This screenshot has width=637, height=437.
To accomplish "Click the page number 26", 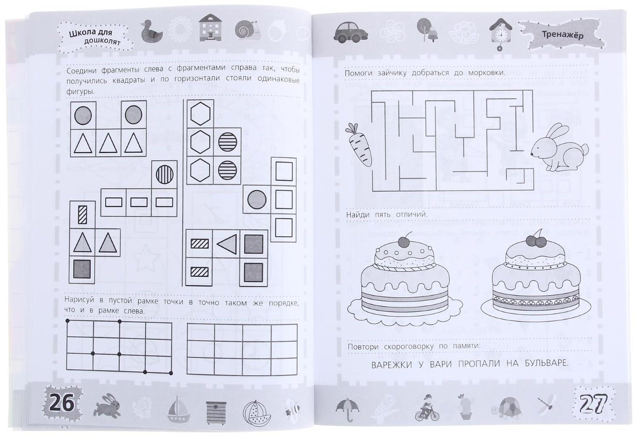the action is pyautogui.click(x=61, y=403).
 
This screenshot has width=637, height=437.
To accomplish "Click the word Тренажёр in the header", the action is pyautogui.click(x=562, y=35).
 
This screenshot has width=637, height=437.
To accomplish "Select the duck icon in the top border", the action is pyautogui.click(x=151, y=31).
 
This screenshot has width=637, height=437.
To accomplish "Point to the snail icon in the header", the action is pyautogui.click(x=247, y=30).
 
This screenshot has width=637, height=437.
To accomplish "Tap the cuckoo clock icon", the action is pyautogui.click(x=500, y=34).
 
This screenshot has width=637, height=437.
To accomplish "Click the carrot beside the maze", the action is pyautogui.click(x=359, y=145).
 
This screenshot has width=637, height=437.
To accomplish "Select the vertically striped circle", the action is pyautogui.click(x=164, y=174).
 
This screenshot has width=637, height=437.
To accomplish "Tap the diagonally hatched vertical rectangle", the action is pyautogui.click(x=82, y=214).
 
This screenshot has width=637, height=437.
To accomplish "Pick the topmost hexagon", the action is pyautogui.click(x=200, y=113).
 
